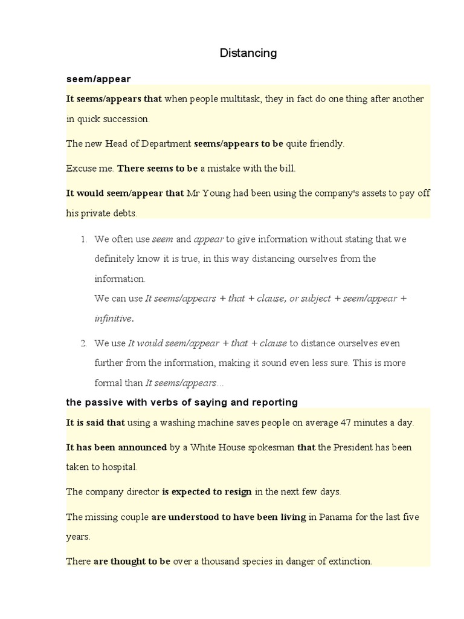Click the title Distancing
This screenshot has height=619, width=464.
tap(248, 53)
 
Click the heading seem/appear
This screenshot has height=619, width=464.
tap(98, 79)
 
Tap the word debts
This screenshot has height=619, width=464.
tap(124, 213)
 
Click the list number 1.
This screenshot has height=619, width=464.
tap(84, 239)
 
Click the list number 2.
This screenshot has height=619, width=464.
tap(84, 343)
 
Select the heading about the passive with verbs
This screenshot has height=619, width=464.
tap(182, 402)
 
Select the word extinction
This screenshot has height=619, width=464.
tap(349, 562)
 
